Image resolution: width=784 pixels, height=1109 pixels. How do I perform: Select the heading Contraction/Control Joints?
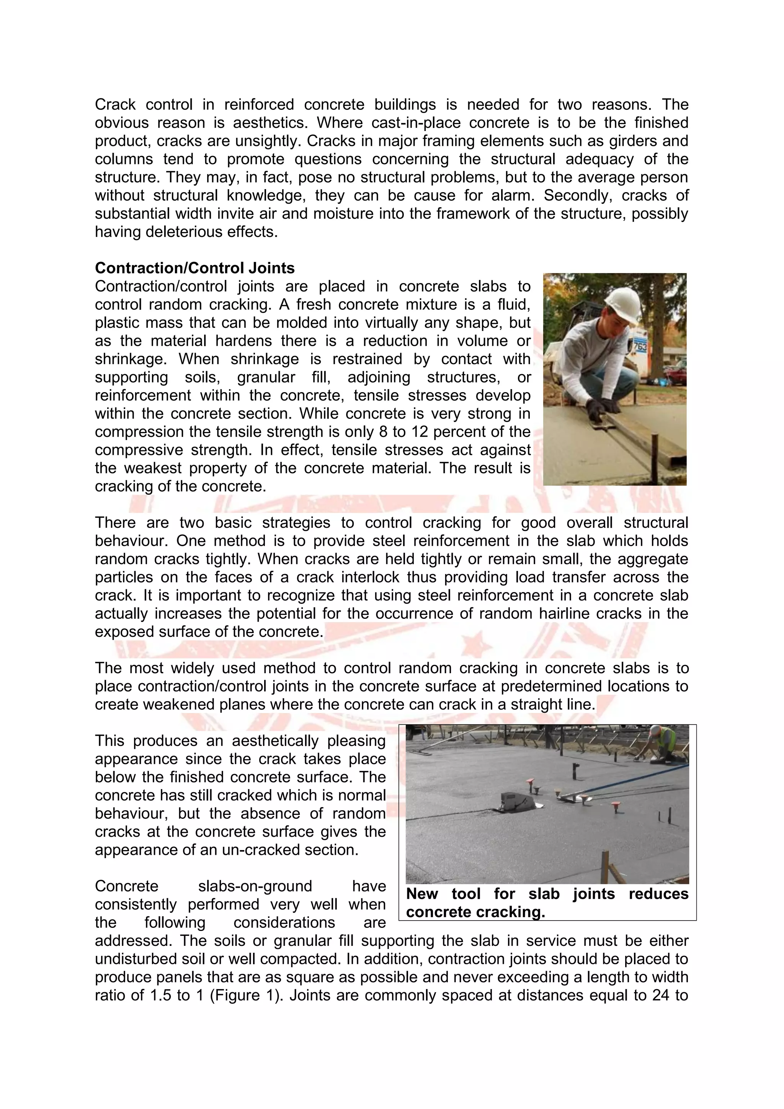point(194,268)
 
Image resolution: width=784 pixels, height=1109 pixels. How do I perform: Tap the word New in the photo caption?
point(422,894)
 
